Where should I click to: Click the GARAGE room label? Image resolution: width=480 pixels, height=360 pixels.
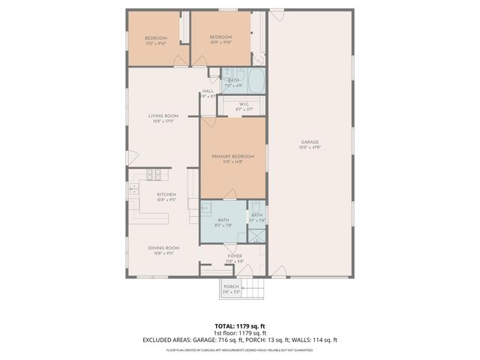point(310,142)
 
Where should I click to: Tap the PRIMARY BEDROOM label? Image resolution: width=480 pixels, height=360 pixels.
point(232,156)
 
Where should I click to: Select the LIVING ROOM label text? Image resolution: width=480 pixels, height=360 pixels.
point(163,115)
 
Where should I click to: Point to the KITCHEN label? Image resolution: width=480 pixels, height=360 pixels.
point(166,194)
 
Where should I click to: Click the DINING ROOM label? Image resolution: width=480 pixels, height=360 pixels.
point(163,248)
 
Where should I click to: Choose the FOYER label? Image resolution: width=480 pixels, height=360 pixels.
point(234,256)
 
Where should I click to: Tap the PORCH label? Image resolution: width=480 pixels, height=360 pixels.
point(231,286)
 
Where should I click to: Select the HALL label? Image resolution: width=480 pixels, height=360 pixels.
point(208,91)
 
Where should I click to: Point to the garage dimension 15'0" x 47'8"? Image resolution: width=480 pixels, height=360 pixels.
point(310,148)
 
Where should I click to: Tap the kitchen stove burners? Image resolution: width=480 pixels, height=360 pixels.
point(154,175)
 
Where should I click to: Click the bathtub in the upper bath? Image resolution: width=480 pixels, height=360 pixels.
point(256,80)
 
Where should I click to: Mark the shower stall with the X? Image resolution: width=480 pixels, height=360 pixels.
point(257,236)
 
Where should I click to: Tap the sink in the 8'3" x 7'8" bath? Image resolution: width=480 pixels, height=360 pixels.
point(205,208)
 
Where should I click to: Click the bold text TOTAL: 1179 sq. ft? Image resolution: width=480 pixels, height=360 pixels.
point(239,327)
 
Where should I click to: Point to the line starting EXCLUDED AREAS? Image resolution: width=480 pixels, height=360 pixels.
point(239,340)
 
